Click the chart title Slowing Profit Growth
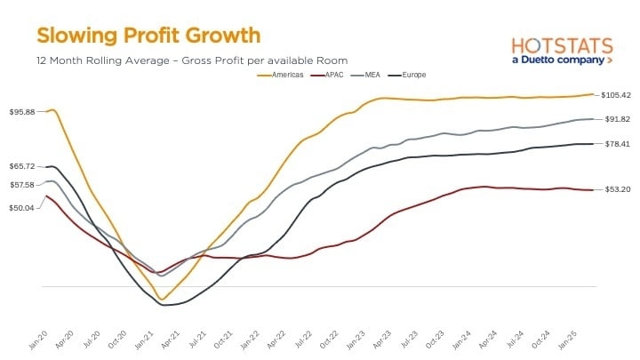tap(148, 36)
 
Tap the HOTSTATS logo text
tap(563, 44)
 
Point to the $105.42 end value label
tap(616, 95)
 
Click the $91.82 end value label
tap(617, 119)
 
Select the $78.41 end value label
tap(617, 143)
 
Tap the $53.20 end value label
tap(617, 189)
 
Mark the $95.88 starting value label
tap(22, 112)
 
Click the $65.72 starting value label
tap(22, 166)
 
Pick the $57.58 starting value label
tap(22, 185)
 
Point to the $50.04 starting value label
tap(22, 208)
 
